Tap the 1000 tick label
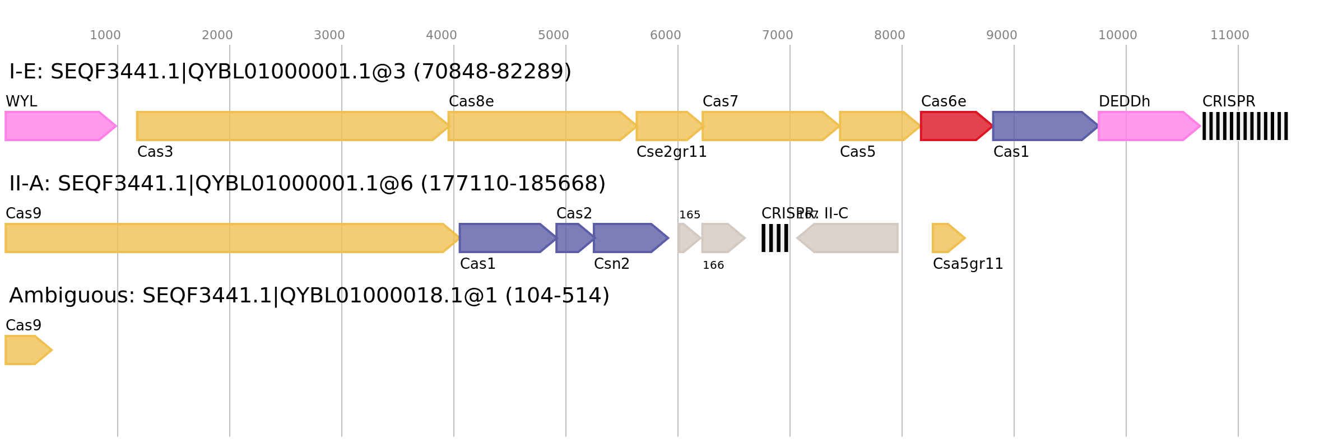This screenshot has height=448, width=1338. click(105, 35)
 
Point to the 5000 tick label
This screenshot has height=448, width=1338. click(554, 35)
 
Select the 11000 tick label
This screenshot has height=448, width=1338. click(1229, 35)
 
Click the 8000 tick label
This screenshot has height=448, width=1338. click(890, 35)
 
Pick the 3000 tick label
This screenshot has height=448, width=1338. click(329, 35)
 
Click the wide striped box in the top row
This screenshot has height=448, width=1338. click(1245, 126)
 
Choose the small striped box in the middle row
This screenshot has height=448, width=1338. click(775, 238)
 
